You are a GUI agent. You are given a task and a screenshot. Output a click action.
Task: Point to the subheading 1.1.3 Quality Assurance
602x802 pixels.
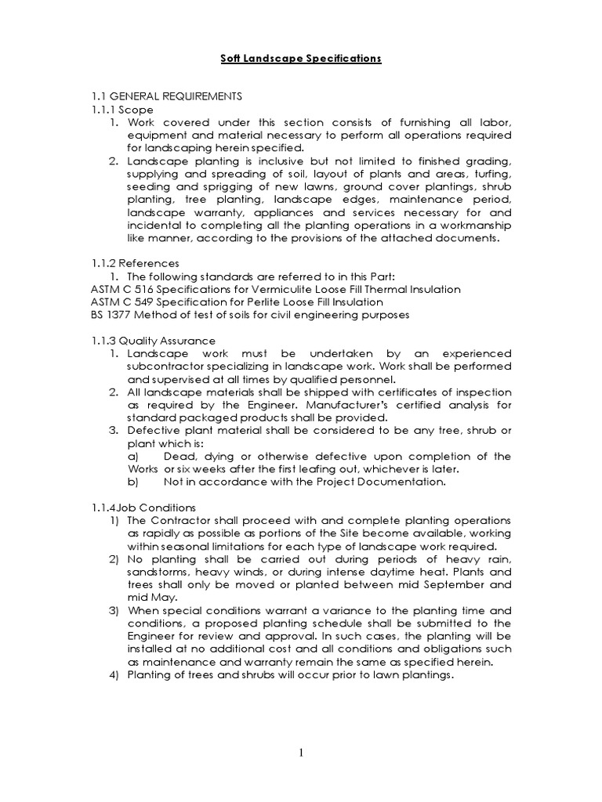coord(153,341)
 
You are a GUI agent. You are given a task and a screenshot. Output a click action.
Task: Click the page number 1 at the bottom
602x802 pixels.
coord(300,753)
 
